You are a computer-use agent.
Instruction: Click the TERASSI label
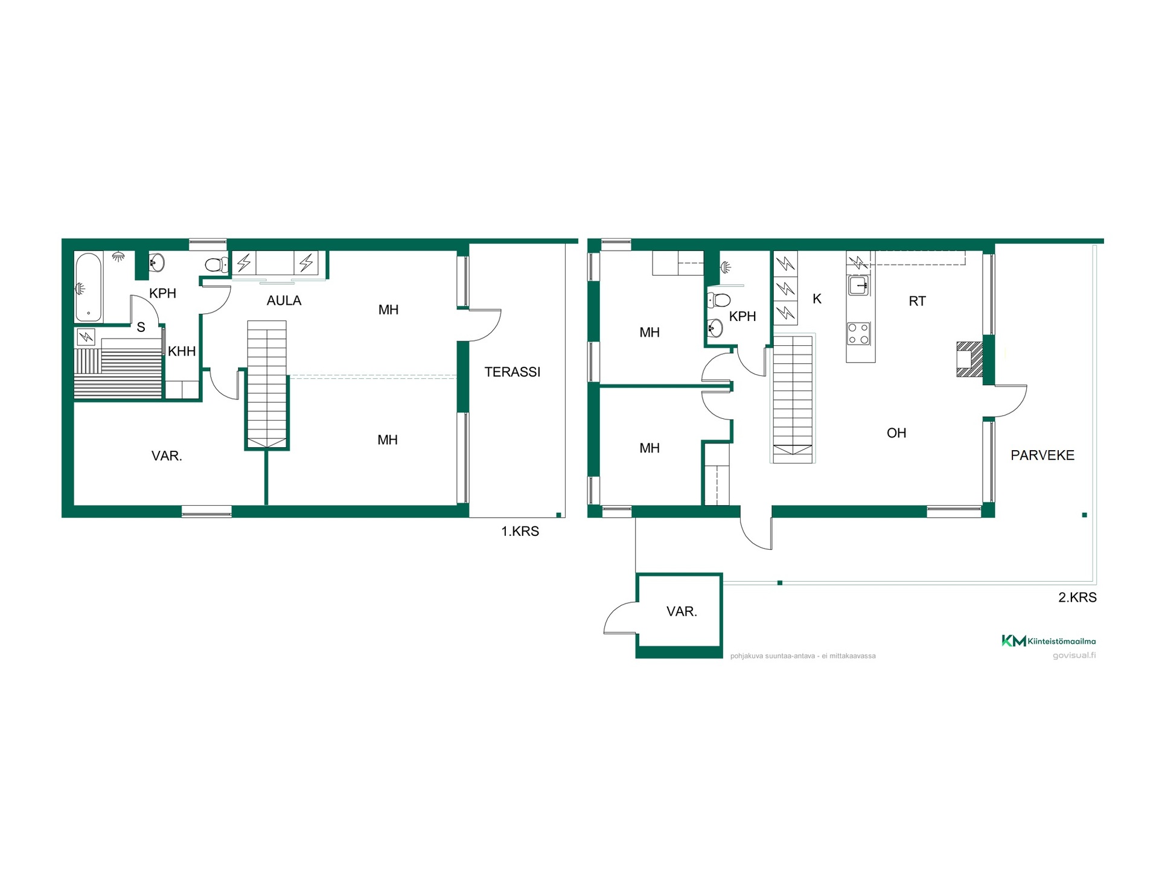(x=512, y=372)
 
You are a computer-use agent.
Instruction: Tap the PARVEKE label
(x=1042, y=455)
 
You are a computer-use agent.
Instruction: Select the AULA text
(x=284, y=301)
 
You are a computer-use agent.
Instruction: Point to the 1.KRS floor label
(x=520, y=531)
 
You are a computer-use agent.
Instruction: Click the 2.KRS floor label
(x=1078, y=597)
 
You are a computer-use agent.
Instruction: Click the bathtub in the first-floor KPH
(x=89, y=287)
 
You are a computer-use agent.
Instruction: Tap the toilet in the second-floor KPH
(x=718, y=299)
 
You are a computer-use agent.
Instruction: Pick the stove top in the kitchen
(x=859, y=334)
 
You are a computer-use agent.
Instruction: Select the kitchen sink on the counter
(x=858, y=285)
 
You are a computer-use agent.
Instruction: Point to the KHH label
(x=182, y=351)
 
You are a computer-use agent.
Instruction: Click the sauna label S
(x=141, y=327)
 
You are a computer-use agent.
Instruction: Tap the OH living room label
(x=896, y=433)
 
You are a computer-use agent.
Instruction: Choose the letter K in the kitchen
(x=817, y=299)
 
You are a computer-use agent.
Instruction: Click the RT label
(x=917, y=301)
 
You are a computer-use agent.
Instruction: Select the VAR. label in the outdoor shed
(x=682, y=611)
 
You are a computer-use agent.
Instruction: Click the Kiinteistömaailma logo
(x=1049, y=641)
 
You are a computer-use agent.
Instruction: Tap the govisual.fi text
(x=1074, y=655)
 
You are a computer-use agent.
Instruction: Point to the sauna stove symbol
(x=86, y=337)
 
